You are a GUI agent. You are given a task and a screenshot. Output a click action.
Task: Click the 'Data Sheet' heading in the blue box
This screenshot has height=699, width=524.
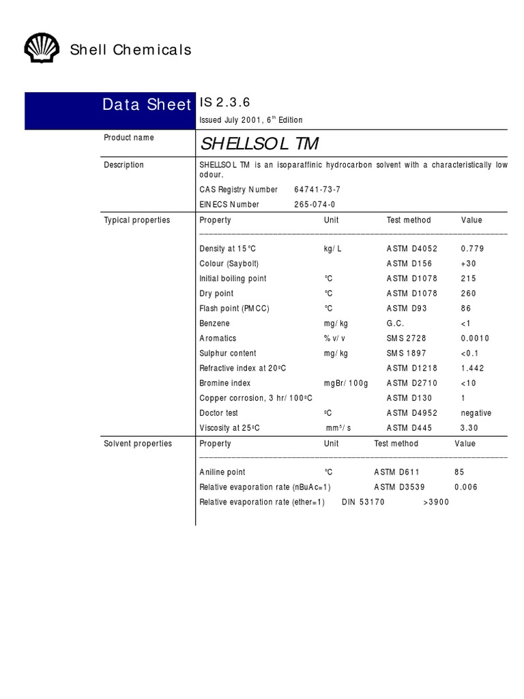point(146,104)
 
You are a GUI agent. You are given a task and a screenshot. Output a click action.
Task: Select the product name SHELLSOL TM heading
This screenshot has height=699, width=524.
point(259,145)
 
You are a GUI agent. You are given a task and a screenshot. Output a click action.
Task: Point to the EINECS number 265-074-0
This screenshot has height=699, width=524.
point(315,205)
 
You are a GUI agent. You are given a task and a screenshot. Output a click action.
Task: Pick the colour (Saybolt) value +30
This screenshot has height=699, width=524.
point(469,264)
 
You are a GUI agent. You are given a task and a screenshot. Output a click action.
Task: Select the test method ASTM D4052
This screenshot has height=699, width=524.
point(412,249)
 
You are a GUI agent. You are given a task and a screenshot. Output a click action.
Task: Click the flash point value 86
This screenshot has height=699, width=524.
point(466,309)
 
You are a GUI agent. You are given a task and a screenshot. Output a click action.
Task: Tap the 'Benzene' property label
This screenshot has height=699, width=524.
point(214,324)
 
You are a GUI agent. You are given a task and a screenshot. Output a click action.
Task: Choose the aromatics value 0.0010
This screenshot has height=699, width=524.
point(475,339)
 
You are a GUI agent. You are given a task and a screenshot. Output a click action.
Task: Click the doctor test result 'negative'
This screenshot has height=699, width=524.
point(476,414)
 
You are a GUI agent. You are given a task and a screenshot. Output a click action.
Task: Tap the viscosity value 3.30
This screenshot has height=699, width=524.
point(469,429)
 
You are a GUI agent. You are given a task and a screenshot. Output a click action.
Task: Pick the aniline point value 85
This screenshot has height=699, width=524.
point(459,472)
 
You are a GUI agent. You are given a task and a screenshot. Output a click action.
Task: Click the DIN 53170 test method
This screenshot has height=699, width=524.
point(363,502)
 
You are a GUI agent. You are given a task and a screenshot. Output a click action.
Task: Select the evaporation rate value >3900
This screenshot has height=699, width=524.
point(436,502)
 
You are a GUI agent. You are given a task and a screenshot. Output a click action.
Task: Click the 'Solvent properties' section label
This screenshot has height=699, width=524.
point(137,444)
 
